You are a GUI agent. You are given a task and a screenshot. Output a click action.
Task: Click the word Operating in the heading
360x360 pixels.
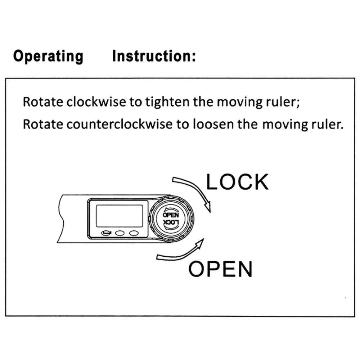[x=48, y=56]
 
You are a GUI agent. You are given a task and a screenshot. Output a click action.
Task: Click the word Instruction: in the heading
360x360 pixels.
[x=154, y=56]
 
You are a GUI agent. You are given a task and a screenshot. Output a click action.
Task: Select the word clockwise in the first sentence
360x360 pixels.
[x=96, y=102]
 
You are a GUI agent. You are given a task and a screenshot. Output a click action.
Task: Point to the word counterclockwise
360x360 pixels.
[x=120, y=124]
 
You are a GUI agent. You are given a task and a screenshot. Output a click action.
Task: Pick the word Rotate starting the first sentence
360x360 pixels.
[x=43, y=102]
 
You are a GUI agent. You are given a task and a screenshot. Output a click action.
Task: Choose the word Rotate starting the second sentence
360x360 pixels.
[x=43, y=124]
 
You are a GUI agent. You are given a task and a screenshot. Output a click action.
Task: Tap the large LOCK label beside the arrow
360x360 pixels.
[x=237, y=182]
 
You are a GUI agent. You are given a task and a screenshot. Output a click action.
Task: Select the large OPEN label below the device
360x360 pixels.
[x=220, y=269]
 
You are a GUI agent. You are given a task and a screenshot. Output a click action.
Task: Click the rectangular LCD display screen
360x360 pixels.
[x=120, y=216]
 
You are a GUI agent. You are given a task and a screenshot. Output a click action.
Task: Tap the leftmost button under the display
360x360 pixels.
[x=106, y=233]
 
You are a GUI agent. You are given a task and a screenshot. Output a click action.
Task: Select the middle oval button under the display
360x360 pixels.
[x=120, y=233]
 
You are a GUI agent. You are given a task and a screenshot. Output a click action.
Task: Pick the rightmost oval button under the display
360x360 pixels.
[x=134, y=233]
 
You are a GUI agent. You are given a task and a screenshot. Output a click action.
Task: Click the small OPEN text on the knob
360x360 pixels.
[x=171, y=215]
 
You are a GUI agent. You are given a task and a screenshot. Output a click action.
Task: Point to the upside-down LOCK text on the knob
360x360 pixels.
[x=171, y=222]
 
